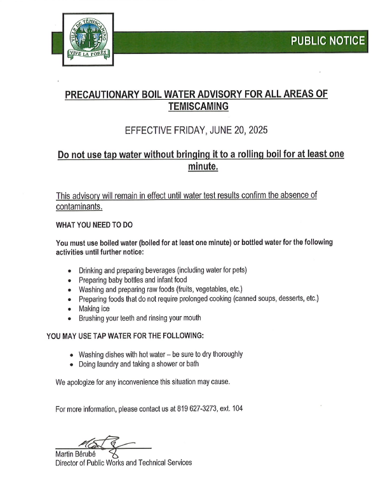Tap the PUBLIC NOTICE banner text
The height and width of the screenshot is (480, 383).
[x=328, y=41]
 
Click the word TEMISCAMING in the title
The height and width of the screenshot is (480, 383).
[x=196, y=107]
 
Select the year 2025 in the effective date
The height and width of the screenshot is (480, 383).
[x=257, y=131]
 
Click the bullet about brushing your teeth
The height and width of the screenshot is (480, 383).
[x=140, y=317]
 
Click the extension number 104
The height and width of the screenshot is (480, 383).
[x=236, y=409]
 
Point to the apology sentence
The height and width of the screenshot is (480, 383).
[x=142, y=382]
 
